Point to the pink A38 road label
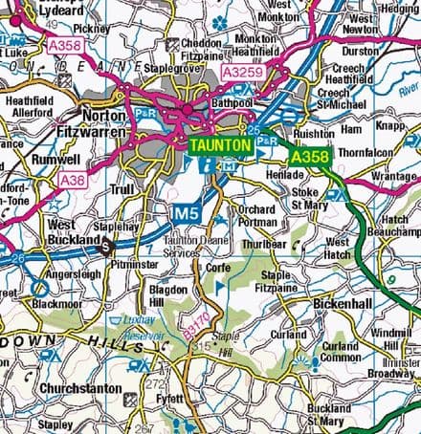point(71,178)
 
